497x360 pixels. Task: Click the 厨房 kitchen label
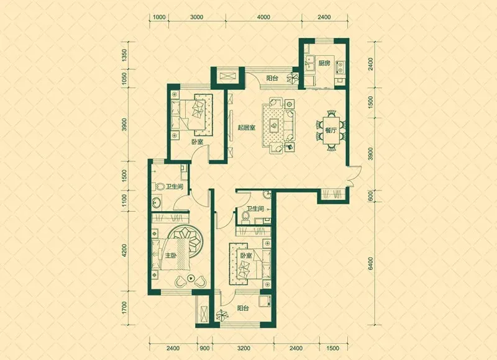(324, 63)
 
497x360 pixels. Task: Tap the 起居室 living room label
(246, 128)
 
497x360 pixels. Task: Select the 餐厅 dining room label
(330, 130)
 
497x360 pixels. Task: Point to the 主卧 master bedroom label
(170, 255)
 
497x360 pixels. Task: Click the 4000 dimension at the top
(263, 17)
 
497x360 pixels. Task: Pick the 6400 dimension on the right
(371, 263)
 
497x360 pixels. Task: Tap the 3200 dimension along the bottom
(244, 348)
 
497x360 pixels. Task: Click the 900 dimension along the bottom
(205, 348)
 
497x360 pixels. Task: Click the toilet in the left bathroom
(159, 186)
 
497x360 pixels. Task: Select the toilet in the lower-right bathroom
(245, 216)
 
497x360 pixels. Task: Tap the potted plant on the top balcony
(292, 77)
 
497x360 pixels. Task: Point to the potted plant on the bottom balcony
(222, 315)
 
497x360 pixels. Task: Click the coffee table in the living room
(274, 125)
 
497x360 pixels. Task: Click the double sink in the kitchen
(309, 64)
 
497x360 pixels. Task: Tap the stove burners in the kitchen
(340, 67)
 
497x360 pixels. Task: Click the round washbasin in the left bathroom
(157, 201)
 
